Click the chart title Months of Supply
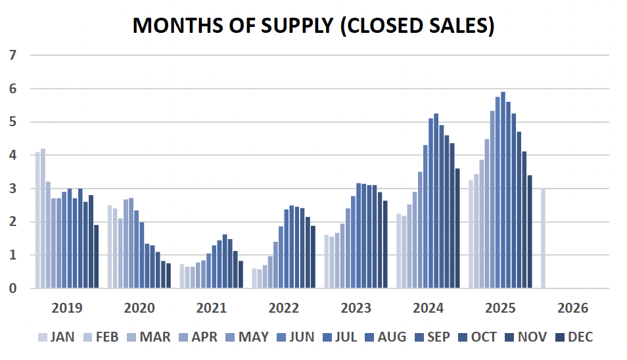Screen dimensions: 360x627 pos(313,25)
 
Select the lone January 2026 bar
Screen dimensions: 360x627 pos(543,238)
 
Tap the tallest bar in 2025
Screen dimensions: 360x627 pos(503,191)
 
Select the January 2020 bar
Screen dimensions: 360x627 pos(110,246)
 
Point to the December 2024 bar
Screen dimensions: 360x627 pos(457,228)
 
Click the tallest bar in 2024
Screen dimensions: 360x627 pos(436,201)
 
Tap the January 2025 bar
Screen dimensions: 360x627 pos(471,234)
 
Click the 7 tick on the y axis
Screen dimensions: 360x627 pos(12,55)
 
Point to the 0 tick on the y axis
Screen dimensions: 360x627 pos(12,288)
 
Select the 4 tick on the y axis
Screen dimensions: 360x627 pos(12,155)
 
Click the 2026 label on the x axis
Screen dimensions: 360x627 pos(572,308)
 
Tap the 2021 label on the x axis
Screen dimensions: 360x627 pos(212,308)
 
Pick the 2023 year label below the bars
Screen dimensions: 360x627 pos(356,308)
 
